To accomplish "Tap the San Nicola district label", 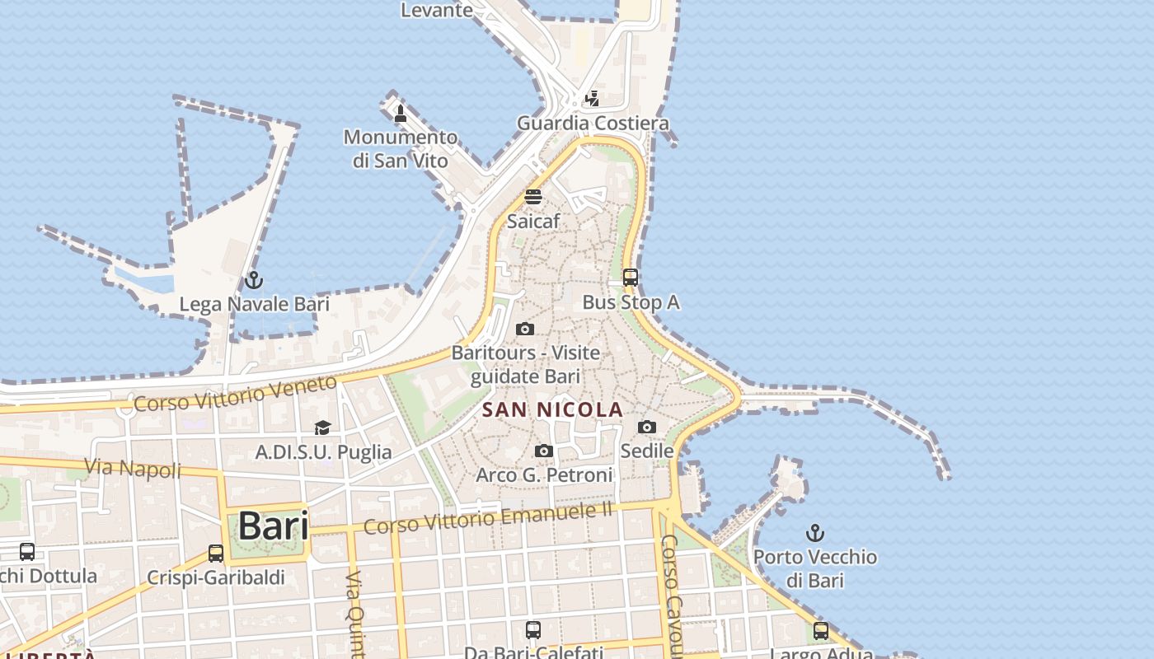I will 552,409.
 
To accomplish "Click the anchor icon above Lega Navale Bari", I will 253,280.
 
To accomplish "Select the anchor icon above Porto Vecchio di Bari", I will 814,533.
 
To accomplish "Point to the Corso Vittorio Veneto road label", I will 235,393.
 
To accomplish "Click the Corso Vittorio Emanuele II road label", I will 488,518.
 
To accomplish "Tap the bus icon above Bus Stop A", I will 631,278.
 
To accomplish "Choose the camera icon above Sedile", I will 647,427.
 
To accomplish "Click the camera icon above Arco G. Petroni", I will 544,451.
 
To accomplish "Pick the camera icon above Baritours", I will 525,329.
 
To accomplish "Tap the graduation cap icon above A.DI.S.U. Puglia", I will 322,428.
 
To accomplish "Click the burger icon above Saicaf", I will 533,197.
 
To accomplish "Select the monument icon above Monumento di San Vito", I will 401,113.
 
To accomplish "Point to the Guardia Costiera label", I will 593,124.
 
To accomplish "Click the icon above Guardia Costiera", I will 592,99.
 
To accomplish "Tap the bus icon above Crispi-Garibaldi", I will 216,553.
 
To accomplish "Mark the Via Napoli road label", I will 133,469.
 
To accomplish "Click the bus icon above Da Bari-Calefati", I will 533,630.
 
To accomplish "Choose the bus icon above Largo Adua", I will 821,631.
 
